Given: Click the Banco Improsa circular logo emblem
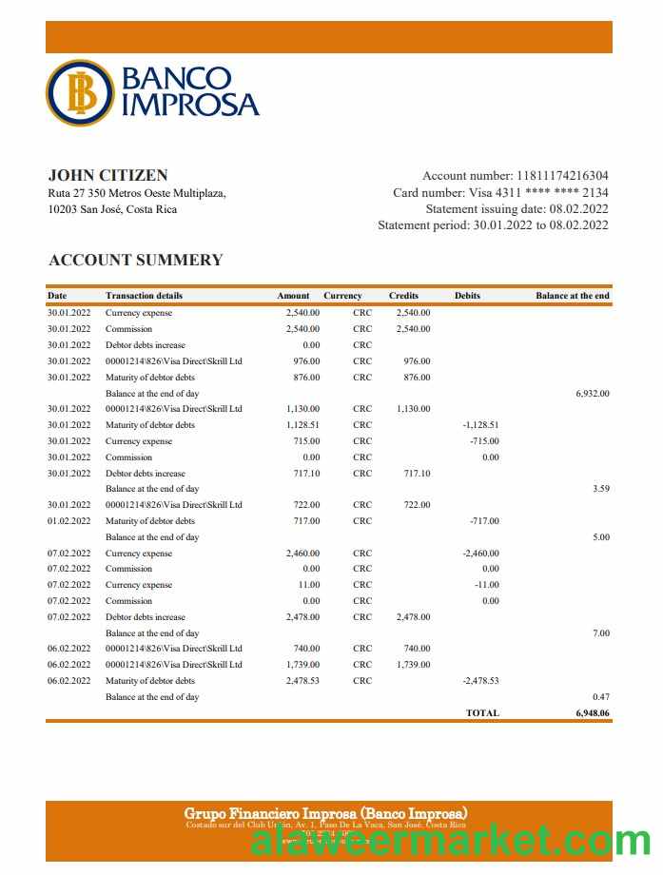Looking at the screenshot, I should [x=79, y=92].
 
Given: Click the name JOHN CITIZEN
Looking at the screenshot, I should [x=107, y=175].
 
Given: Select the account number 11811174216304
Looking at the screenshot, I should [x=562, y=176].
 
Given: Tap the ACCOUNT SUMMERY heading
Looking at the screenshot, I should [x=135, y=260].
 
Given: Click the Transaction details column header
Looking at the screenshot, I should [x=144, y=296].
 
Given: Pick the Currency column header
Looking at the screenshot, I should [x=342, y=296].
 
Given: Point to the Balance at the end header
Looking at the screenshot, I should [x=572, y=296].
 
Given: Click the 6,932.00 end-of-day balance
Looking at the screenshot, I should [x=593, y=393].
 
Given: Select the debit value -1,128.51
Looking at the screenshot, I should [x=480, y=425].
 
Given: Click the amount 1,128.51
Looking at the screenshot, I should [x=302, y=425].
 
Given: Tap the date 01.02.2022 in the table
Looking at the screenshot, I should [x=68, y=521].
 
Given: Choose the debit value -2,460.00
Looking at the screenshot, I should [x=480, y=554].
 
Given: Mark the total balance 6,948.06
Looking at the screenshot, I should [x=592, y=712].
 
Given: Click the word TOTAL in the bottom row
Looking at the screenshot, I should [x=482, y=712].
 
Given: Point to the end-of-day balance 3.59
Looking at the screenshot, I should [x=600, y=489].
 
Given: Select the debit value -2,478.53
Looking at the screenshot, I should [x=480, y=681].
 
